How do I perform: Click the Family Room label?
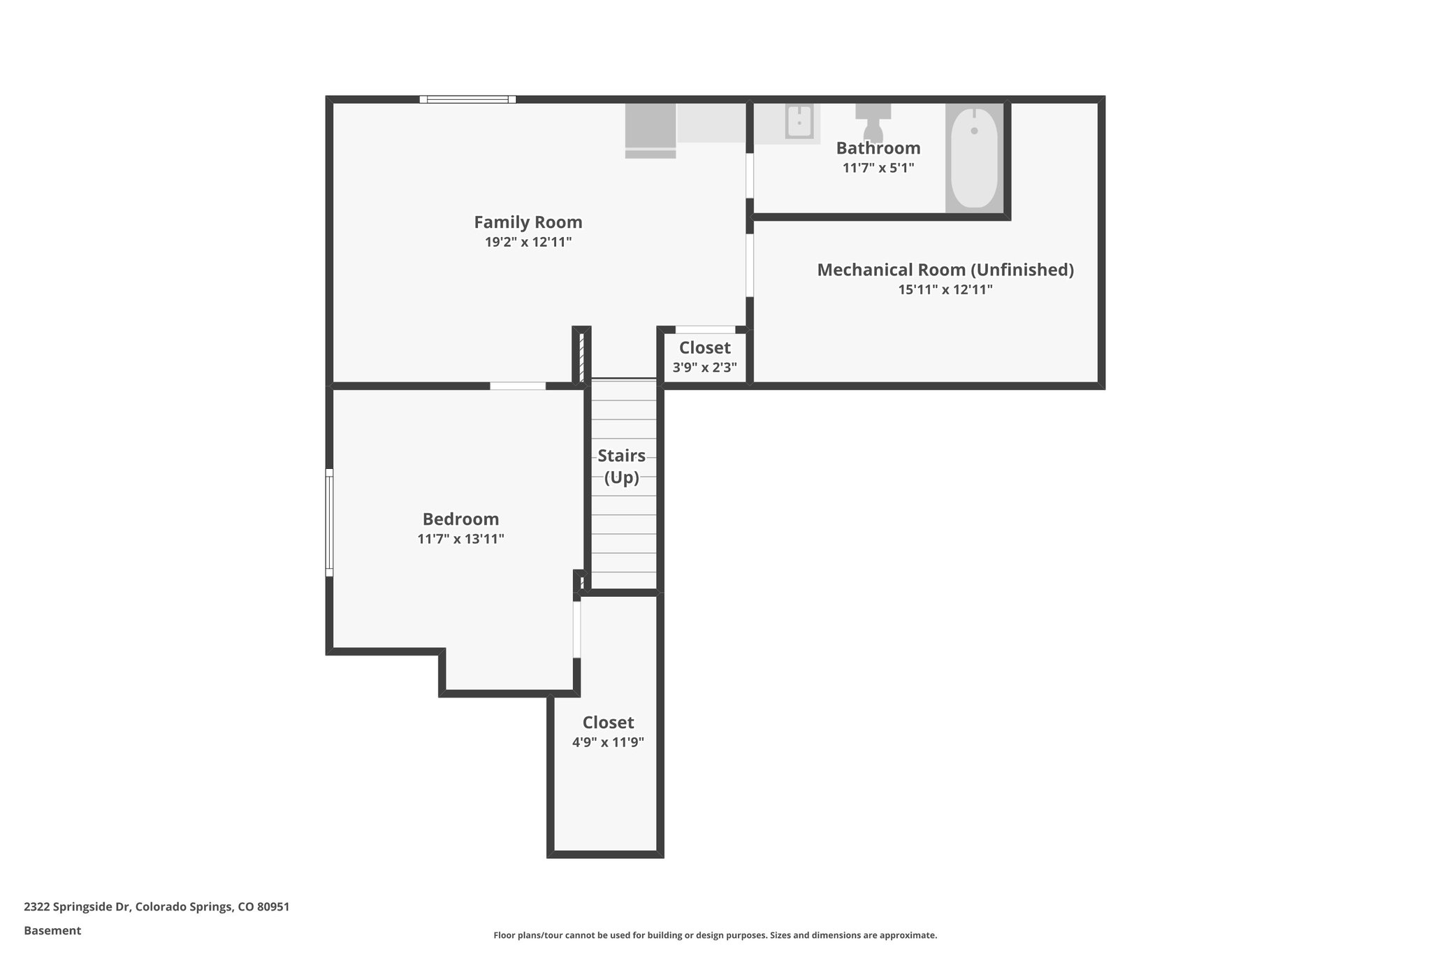pyautogui.click(x=528, y=222)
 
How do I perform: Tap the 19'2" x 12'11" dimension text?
pyautogui.click(x=528, y=243)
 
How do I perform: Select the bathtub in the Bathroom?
pyautogui.click(x=974, y=158)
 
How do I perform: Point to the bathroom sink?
pyautogui.click(x=799, y=123)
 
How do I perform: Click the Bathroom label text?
pyautogui.click(x=878, y=148)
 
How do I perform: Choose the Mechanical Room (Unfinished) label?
pyautogui.click(x=945, y=270)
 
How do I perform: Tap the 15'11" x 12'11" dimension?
pyautogui.click(x=945, y=289)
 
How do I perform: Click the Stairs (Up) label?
pyautogui.click(x=621, y=466)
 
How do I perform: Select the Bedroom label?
pyautogui.click(x=460, y=519)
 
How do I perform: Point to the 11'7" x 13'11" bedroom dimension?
pyautogui.click(x=460, y=539)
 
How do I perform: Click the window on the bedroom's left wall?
pyautogui.click(x=329, y=522)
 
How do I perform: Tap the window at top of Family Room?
pyautogui.click(x=467, y=99)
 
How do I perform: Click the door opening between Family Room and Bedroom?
pyautogui.click(x=517, y=386)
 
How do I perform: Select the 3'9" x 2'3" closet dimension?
pyautogui.click(x=704, y=368)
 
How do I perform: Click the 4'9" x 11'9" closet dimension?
pyautogui.click(x=608, y=742)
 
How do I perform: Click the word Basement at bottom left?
pyautogui.click(x=52, y=930)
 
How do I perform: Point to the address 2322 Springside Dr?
pyautogui.click(x=157, y=906)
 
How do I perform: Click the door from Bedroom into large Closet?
pyautogui.click(x=576, y=629)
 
